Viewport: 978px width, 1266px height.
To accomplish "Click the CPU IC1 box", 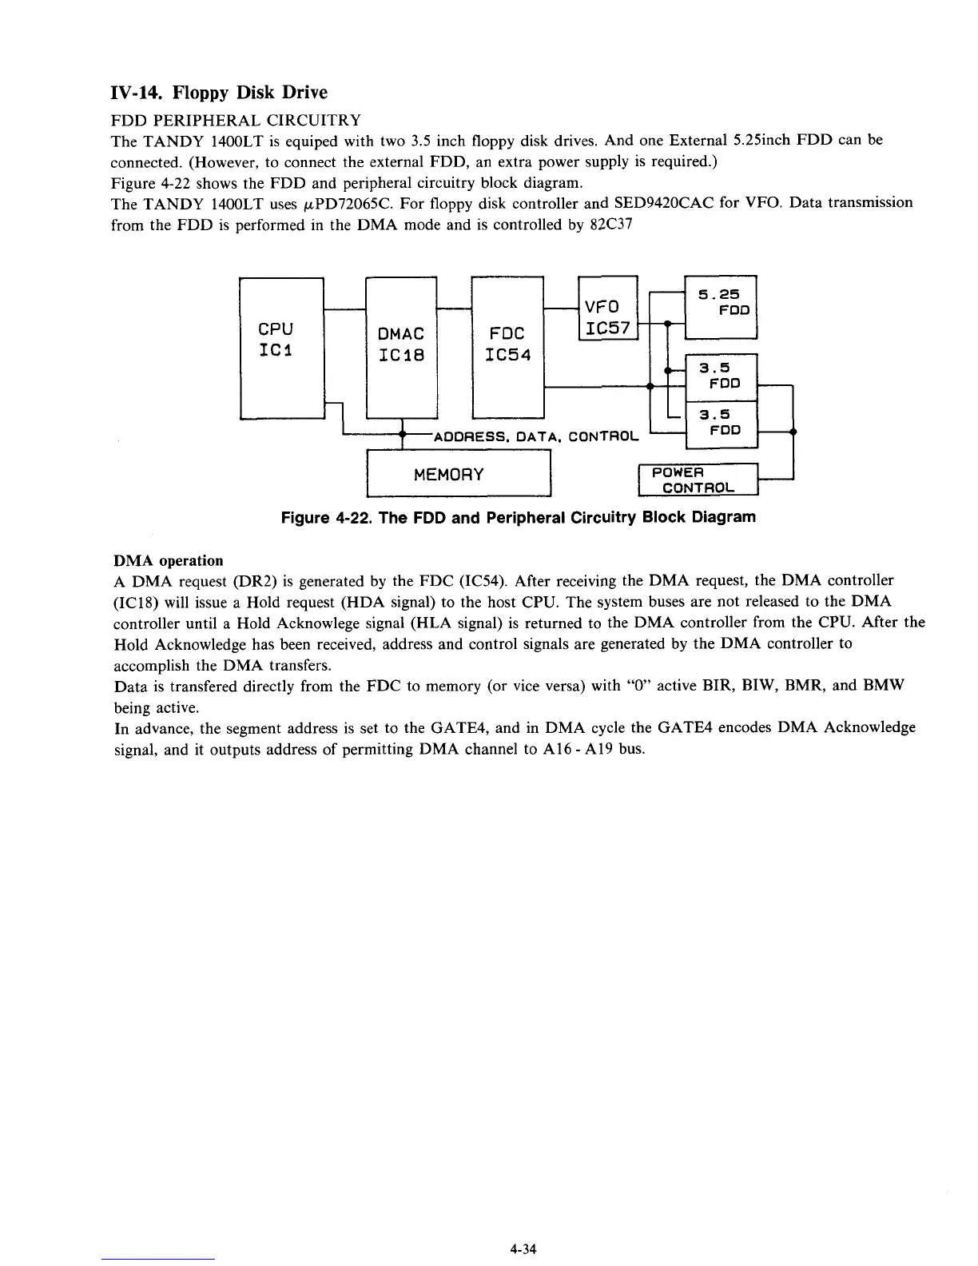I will pyautogui.click(x=281, y=347).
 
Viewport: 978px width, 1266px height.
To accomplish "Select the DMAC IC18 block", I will pyautogui.click(x=400, y=347).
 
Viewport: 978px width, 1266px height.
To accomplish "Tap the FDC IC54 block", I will pyautogui.click(x=507, y=347).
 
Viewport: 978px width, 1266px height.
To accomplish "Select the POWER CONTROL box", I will pyautogui.click(x=697, y=480).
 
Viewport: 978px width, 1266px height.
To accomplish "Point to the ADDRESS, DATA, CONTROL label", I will pyautogui.click(x=535, y=437).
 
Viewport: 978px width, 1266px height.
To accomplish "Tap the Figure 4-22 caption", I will pyautogui.click(x=518, y=517).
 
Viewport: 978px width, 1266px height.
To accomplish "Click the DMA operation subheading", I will pyautogui.click(x=169, y=560).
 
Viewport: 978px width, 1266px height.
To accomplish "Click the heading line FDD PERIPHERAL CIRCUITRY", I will pyautogui.click(x=235, y=121).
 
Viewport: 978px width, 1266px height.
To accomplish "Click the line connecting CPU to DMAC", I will pyautogui.click(x=344, y=308).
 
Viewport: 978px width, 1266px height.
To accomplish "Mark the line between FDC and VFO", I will pyautogui.click(x=559, y=308).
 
